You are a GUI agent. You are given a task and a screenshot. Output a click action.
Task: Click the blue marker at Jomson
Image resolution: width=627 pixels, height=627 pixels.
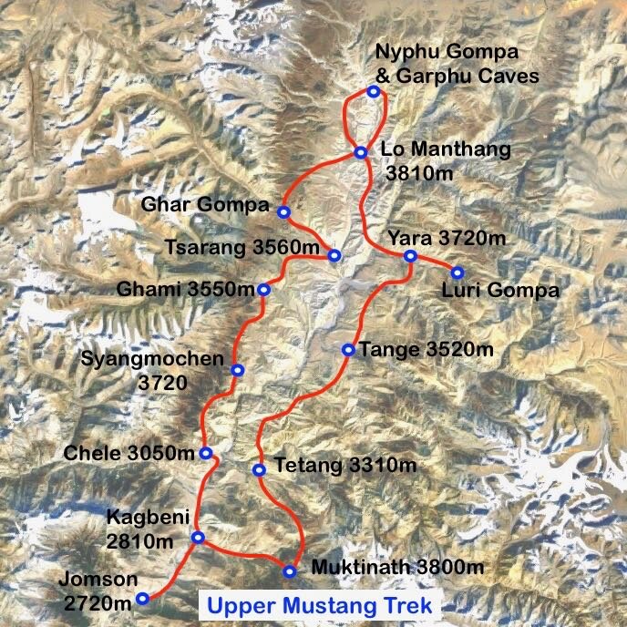point(142,599)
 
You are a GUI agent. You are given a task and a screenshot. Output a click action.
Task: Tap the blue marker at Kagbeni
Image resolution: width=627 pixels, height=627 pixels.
point(198,538)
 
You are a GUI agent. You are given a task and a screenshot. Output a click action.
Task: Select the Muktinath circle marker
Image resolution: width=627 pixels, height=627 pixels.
point(290,571)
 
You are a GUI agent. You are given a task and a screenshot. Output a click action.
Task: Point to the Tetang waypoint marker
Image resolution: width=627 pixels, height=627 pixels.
point(259,470)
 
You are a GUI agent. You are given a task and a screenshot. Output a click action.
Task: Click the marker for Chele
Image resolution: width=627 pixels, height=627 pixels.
point(206,453)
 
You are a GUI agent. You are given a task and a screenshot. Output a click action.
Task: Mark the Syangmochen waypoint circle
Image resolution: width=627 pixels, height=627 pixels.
point(237,370)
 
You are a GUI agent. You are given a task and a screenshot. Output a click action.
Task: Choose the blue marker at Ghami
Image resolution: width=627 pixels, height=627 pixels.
point(263,290)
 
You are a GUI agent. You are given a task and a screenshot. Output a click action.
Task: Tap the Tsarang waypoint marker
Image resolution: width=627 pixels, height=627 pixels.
point(334,255)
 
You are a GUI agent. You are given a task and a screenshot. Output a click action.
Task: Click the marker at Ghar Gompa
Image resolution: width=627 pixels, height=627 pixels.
point(283,212)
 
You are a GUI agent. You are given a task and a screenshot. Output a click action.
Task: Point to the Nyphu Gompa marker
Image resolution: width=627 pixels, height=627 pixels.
point(373,91)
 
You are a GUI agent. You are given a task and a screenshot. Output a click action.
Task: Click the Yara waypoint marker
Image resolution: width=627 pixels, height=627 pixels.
point(409,256)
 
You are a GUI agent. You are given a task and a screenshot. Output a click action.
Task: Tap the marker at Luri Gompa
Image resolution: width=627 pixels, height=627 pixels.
point(457,272)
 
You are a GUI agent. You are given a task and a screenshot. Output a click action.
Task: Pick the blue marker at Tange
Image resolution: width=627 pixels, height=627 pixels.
point(348,349)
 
